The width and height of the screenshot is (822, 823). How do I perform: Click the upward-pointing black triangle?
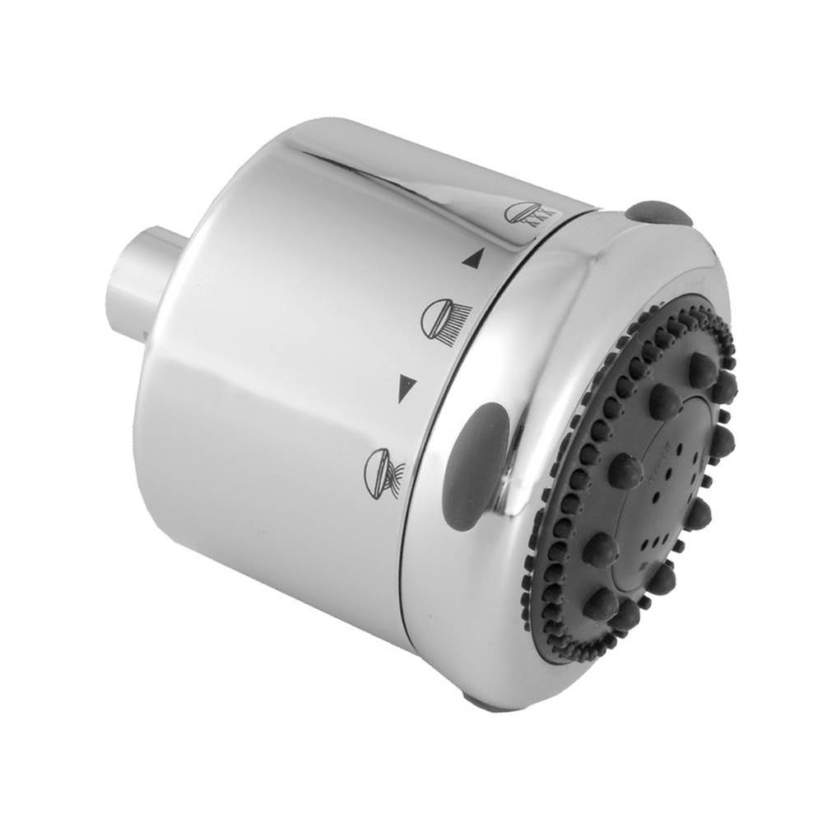471,259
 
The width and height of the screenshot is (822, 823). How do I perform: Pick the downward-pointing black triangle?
406,387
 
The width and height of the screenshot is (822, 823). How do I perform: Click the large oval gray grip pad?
475,465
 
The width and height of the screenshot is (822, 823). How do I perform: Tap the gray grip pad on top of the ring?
657,212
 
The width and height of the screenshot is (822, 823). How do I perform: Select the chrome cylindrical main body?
280,411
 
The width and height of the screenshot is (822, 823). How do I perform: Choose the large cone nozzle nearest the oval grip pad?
625,471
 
